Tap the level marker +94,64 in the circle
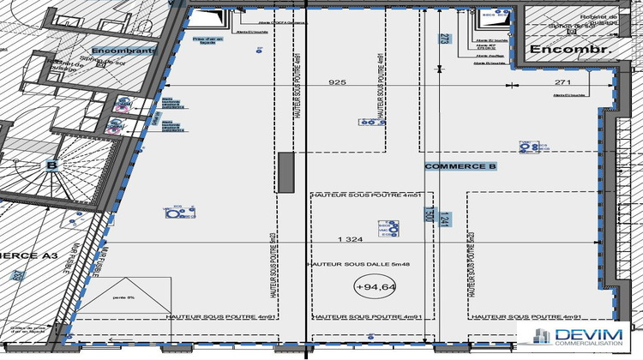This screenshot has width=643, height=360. point(375,287)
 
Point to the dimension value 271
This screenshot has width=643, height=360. point(562,83)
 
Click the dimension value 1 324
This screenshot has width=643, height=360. point(351,238)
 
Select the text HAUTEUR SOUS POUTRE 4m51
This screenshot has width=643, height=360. point(366,195)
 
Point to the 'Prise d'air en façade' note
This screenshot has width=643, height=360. point(207,40)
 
